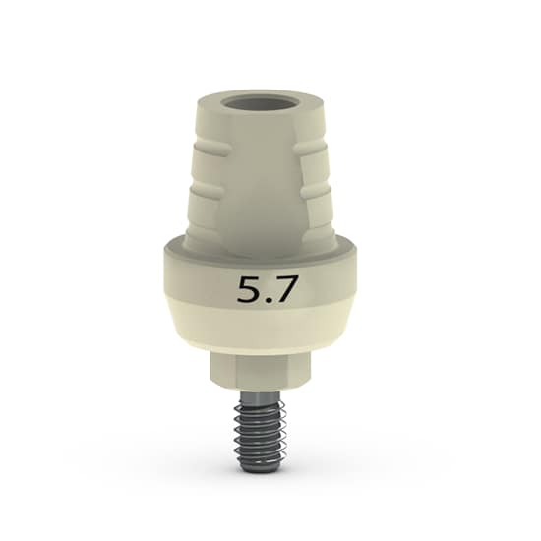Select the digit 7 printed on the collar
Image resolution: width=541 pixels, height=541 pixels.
tap(282, 290)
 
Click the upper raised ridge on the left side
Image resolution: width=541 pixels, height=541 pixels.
tap(210, 149)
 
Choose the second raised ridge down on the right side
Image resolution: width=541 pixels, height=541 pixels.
tap(316, 190)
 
